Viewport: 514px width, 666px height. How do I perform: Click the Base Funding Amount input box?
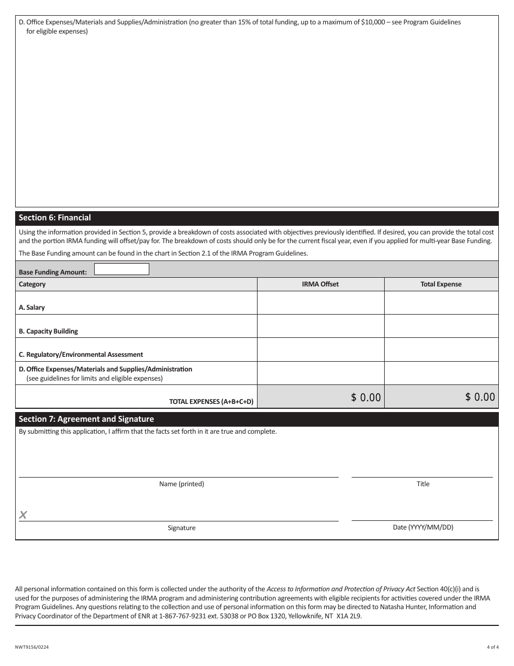coord(121,269)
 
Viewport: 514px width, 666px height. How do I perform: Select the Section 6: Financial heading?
coord(55,218)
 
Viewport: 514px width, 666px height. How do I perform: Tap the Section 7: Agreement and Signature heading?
coord(86,419)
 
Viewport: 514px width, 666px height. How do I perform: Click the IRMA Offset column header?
coord(320,284)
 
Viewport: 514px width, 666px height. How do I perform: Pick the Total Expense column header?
coord(441,284)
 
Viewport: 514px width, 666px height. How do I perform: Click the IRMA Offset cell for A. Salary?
coord(320,303)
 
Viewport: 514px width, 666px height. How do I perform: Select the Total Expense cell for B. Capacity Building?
coord(441,327)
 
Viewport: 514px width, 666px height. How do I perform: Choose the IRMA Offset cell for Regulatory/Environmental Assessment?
coord(320,350)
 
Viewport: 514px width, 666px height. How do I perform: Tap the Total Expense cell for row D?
coord(441,373)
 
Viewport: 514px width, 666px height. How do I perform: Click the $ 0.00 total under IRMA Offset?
coord(366,397)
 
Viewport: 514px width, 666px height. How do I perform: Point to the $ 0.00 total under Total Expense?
coord(479,397)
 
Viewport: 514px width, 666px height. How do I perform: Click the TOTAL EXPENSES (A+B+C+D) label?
coord(211,402)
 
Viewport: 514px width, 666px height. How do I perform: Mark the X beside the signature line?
coord(23,515)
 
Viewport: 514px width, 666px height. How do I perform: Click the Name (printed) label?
coord(181,484)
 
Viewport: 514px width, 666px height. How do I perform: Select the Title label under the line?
coord(423,484)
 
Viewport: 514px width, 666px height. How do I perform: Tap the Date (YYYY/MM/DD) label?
coord(423,527)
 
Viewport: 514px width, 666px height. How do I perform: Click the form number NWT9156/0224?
coord(34,647)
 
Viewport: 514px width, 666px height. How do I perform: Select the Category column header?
coord(32,284)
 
